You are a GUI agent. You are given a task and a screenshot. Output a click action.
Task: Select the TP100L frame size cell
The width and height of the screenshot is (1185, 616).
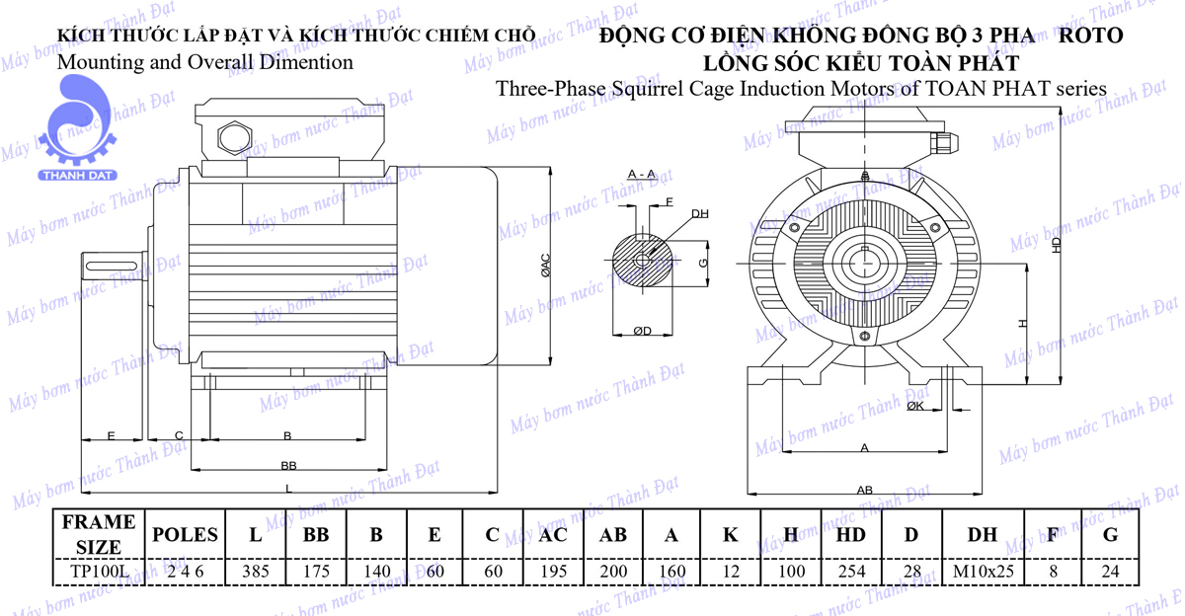tap(98, 571)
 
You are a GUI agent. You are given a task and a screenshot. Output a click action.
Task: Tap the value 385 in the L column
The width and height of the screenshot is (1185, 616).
tap(255, 571)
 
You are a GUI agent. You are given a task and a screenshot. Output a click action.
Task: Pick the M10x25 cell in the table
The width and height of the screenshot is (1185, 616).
tap(982, 571)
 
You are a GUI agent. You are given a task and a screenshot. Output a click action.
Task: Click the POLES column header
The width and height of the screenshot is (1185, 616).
tap(184, 535)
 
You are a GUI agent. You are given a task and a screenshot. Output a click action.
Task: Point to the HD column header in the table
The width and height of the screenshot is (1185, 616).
tap(851, 535)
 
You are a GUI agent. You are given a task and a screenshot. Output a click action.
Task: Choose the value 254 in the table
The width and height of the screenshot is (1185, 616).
tap(851, 571)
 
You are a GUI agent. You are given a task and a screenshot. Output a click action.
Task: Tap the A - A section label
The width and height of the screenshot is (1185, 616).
tap(642, 175)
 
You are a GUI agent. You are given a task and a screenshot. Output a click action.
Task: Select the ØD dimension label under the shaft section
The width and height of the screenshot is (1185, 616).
tap(642, 331)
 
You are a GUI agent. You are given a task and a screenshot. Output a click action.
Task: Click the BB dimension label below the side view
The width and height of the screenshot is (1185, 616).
tap(288, 465)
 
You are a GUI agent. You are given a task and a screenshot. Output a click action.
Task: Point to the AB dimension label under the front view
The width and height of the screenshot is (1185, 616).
tap(864, 490)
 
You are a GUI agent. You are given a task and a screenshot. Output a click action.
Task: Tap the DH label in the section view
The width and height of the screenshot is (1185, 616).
tap(699, 213)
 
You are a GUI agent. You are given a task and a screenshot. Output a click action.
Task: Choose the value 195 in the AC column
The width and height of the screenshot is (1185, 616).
tap(553, 571)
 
